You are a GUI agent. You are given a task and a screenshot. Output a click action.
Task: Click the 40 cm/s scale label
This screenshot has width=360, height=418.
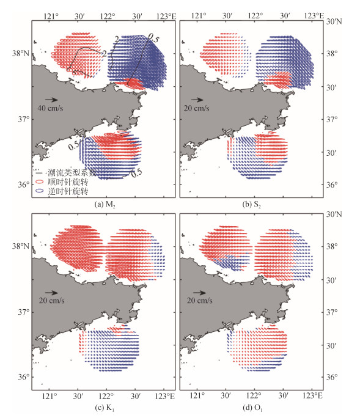(50, 108)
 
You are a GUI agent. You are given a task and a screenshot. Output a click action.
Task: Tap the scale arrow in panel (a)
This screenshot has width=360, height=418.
(51, 100)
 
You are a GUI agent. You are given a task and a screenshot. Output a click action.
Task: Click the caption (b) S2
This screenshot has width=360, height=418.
(251, 205)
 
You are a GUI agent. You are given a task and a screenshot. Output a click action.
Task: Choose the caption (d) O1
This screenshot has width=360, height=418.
(252, 408)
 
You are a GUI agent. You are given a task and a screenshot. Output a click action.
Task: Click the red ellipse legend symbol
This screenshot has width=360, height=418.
(40, 182)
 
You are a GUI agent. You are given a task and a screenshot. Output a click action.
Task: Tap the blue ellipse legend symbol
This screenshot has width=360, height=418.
(40, 191)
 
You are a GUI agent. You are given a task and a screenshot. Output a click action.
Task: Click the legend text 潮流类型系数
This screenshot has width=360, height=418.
(72, 173)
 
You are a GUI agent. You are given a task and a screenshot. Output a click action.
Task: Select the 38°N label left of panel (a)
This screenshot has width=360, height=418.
(21, 53)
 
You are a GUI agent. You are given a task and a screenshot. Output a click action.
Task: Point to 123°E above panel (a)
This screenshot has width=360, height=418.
(166, 16)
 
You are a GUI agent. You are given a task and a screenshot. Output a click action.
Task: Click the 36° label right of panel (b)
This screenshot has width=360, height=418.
(332, 185)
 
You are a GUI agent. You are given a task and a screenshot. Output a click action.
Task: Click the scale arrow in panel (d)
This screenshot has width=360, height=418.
(199, 293)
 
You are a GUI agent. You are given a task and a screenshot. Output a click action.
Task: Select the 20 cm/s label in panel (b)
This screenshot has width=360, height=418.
(197, 108)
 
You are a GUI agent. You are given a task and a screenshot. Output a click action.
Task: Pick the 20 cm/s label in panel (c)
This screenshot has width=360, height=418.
(52, 301)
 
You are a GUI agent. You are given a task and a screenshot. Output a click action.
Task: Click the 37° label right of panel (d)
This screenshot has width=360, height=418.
(332, 312)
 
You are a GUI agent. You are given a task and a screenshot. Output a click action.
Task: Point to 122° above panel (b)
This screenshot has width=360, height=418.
(255, 16)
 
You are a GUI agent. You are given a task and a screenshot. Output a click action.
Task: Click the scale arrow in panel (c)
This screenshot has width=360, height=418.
(51, 293)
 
